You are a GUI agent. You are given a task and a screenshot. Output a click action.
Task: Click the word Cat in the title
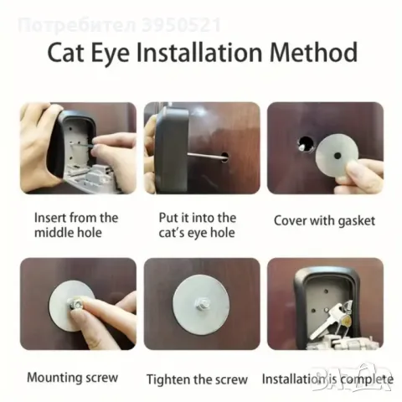65,52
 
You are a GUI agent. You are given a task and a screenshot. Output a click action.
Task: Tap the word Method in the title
313,52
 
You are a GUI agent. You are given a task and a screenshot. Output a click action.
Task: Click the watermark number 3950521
181,25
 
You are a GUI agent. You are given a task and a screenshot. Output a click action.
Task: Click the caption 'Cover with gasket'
324,220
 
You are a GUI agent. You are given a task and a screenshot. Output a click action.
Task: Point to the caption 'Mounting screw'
73,377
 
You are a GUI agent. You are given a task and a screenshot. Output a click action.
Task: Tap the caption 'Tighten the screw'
197,379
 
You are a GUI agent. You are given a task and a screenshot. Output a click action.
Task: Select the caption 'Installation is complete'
327,379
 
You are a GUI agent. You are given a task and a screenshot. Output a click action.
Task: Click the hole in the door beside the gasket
306,144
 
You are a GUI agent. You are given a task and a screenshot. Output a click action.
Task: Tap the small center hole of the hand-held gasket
338,155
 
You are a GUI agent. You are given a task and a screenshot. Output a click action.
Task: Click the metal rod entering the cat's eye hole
205,156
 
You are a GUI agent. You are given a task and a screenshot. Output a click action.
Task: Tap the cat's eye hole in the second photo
224,157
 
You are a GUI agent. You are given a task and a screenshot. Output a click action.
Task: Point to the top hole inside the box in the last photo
326,291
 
